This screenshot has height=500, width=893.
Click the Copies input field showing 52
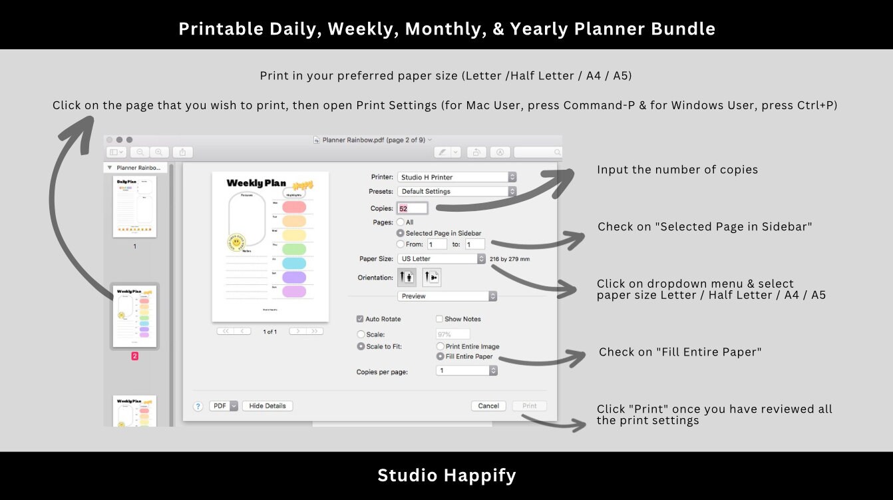point(412,208)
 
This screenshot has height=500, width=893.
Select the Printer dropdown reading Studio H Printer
point(456,177)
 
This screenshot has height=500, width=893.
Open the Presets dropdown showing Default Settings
point(456,191)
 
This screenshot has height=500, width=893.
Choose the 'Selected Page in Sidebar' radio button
point(401,233)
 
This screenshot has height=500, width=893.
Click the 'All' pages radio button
point(401,222)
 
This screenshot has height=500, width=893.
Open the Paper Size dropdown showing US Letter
point(441,258)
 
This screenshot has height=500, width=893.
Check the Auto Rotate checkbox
point(361,319)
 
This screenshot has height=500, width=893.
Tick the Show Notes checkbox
point(439,319)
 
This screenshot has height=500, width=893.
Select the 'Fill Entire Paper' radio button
point(441,356)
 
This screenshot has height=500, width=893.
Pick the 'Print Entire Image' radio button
point(441,346)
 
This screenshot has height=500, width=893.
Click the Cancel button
point(488,405)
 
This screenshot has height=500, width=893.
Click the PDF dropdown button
point(224,405)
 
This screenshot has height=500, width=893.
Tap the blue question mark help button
point(198,406)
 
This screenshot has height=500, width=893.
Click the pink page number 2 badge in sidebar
point(134,356)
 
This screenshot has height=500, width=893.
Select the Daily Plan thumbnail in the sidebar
point(134,206)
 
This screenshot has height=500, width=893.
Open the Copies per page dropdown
point(466,371)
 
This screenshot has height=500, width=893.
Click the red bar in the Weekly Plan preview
point(294,206)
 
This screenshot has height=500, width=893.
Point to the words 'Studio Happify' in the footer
point(446,475)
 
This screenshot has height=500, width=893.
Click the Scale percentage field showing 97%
point(452,334)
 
